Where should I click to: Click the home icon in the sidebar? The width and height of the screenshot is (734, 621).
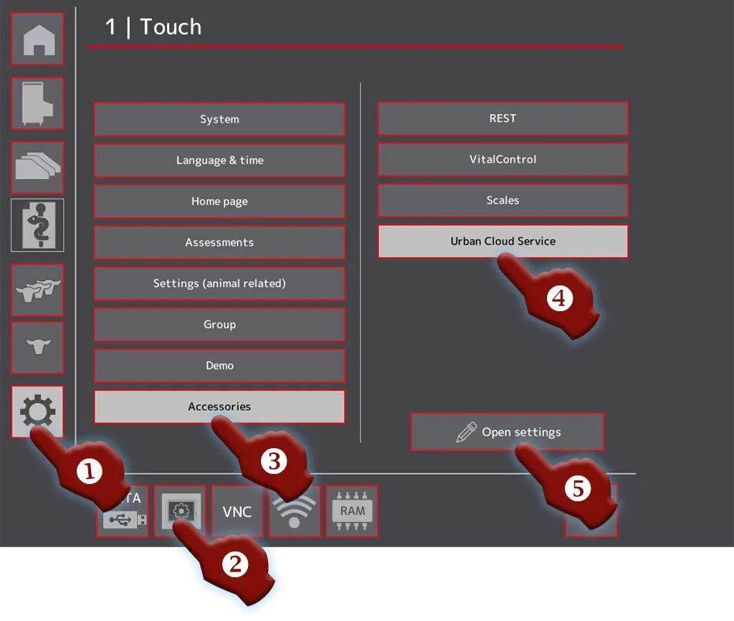click(38, 39)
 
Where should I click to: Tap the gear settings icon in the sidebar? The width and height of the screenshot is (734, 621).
click(37, 411)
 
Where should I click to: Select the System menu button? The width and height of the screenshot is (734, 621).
click(219, 119)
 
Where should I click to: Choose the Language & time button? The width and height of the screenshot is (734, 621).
click(219, 160)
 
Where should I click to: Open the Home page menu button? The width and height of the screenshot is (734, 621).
click(219, 202)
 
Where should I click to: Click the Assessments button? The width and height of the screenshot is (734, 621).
click(219, 242)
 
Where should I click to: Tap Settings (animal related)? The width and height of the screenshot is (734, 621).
click(219, 283)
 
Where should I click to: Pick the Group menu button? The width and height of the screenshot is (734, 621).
click(219, 324)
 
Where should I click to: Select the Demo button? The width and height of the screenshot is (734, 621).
click(219, 365)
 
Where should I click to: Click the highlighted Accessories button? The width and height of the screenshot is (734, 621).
click(219, 407)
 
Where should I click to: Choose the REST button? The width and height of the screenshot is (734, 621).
click(502, 118)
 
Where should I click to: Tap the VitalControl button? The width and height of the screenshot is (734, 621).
click(502, 159)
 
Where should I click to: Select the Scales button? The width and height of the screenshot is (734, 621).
click(502, 201)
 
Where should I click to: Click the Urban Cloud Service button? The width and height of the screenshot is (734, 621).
click(502, 241)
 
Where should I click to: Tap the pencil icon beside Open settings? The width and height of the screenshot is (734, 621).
click(466, 432)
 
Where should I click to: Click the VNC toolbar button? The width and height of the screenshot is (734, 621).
click(237, 511)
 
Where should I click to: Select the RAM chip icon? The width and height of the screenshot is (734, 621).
click(352, 511)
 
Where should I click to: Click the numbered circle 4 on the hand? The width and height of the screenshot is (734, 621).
click(559, 298)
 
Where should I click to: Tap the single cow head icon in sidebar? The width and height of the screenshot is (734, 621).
click(38, 346)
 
